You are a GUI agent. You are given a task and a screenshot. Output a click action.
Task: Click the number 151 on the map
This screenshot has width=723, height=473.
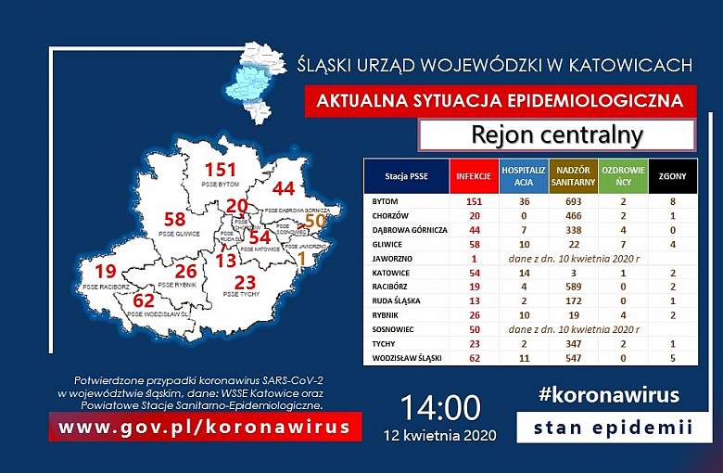point(222,170)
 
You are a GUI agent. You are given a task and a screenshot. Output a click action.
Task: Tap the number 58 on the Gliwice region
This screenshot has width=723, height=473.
point(174,220)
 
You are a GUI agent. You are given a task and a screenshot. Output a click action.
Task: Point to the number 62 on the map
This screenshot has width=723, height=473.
point(144,300)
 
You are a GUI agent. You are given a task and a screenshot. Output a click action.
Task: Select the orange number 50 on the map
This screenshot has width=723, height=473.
point(315,221)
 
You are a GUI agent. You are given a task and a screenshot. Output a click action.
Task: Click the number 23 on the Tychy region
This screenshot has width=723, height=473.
point(245,282)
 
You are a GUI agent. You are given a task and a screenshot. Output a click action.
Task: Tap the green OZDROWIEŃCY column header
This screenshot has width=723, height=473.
point(622,175)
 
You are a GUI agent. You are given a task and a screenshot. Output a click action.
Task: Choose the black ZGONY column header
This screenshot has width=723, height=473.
point(673,175)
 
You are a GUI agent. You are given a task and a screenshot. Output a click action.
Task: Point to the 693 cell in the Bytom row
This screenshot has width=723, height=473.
point(572,201)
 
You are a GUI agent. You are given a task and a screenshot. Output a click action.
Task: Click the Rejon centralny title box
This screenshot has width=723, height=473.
point(556,135)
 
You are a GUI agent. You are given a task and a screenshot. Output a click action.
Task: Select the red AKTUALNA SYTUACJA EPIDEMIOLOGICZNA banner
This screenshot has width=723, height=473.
point(500,99)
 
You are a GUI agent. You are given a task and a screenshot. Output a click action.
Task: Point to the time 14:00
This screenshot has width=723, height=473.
point(440,407)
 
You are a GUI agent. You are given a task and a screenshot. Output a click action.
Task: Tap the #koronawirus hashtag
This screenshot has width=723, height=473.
point(608,395)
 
